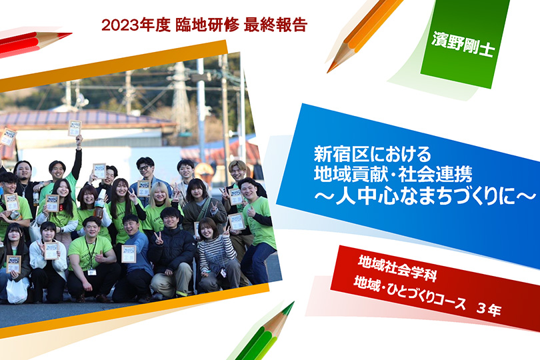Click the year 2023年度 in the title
(x=136, y=25)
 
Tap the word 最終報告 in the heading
(x=275, y=25)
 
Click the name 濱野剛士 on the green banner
(x=463, y=44)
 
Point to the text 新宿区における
(x=372, y=154)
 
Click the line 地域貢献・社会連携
(x=393, y=174)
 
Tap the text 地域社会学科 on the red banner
(x=397, y=268)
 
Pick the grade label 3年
(x=489, y=309)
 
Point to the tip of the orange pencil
(x=328, y=71)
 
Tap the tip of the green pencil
(x=293, y=303)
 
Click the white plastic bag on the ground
(x=17, y=291)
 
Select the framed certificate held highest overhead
(x=75, y=128)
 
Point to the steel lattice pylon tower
(x=181, y=93)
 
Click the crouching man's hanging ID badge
(x=91, y=271)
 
